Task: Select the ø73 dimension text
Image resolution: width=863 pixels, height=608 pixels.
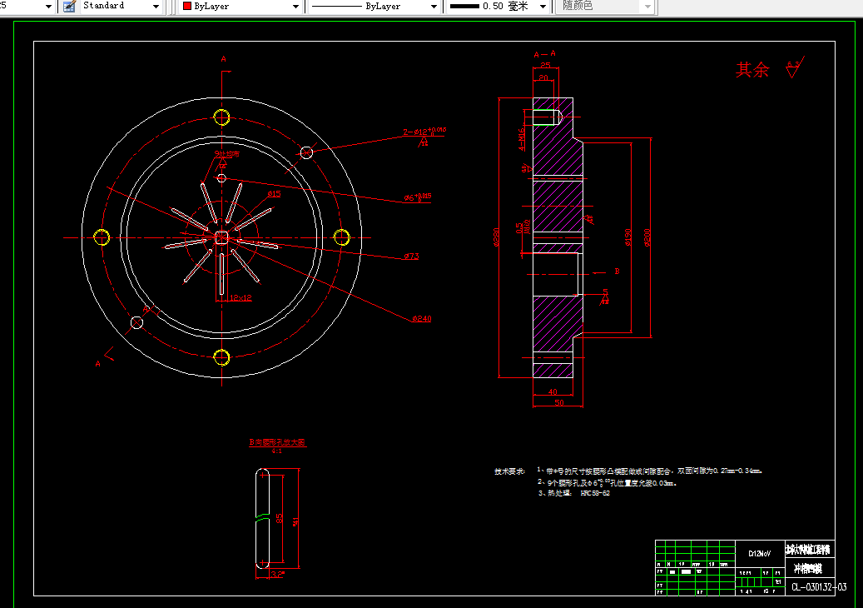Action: (x=411, y=257)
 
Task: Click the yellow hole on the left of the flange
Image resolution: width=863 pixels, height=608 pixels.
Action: (x=102, y=237)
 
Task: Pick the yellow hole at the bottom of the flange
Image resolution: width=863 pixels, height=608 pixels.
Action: (x=221, y=357)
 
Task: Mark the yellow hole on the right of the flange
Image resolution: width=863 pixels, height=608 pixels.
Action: (x=341, y=237)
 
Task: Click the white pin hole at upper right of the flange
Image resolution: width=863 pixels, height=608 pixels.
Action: (x=306, y=152)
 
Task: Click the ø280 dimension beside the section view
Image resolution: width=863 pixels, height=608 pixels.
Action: (x=497, y=238)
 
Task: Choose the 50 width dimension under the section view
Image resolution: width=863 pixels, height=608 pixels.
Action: (x=558, y=403)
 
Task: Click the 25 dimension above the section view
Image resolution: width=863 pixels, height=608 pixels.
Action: (x=545, y=65)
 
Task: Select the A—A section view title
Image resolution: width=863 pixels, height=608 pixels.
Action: (x=544, y=54)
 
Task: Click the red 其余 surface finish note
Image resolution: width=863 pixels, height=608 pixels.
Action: (x=752, y=70)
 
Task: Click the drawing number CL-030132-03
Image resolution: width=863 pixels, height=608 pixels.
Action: (x=819, y=587)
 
